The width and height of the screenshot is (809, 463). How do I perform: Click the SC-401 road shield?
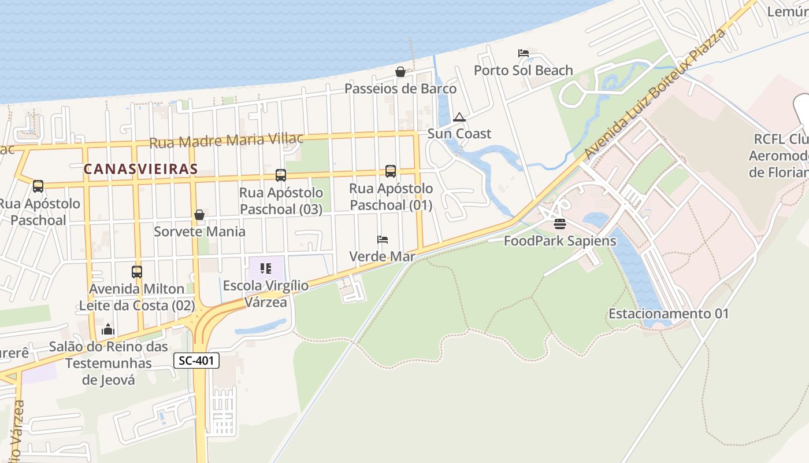click(196, 361)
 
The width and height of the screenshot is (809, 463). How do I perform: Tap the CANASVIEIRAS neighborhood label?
click(140, 169)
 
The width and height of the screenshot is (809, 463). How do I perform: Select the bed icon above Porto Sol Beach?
click(524, 53)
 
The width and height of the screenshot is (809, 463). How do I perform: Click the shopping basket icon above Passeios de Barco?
click(400, 72)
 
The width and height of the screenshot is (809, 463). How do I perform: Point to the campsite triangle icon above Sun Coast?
click(459, 117)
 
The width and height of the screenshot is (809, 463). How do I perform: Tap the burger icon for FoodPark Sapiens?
click(560, 223)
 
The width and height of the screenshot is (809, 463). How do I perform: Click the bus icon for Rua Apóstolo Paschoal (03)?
click(281, 175)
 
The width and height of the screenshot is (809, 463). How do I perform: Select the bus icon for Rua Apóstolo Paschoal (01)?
click(391, 171)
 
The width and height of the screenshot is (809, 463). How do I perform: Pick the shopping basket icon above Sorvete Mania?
click(199, 215)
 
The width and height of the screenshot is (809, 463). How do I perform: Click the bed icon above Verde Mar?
click(382, 239)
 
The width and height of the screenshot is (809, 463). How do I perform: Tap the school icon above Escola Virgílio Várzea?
click(266, 268)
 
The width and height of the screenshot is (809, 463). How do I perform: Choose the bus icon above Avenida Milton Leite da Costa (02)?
click(137, 271)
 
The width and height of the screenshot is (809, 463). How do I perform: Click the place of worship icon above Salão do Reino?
click(108, 330)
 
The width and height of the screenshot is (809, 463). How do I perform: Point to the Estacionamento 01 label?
click(669, 314)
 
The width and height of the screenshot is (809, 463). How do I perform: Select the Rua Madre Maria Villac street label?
click(227, 141)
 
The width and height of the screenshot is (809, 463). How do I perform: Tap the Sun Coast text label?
click(459, 134)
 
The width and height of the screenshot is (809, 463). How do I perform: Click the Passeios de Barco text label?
click(400, 89)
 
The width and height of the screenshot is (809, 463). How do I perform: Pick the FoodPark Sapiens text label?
click(560, 241)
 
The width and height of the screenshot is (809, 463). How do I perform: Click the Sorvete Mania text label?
click(199, 231)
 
